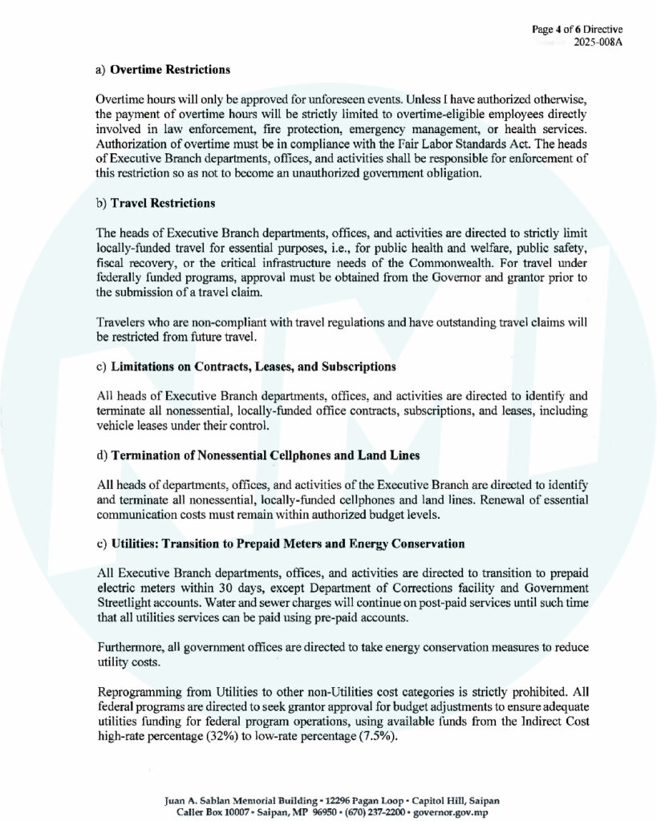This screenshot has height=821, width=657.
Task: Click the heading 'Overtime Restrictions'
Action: coord(170,70)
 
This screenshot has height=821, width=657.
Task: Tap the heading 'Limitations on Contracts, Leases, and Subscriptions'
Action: coord(253,366)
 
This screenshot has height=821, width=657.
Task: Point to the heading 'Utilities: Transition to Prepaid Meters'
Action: coord(287,544)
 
